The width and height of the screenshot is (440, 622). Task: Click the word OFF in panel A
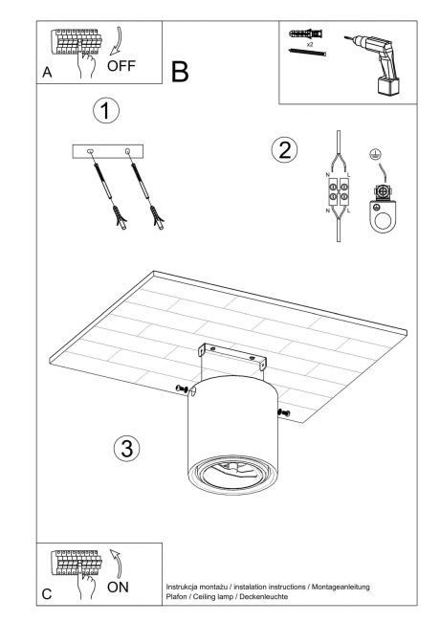click(x=121, y=66)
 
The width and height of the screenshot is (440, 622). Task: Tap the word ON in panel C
click(x=118, y=588)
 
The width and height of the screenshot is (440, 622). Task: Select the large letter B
click(x=180, y=72)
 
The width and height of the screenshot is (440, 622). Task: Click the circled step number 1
click(x=106, y=110)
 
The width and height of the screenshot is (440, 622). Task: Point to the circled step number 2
click(x=284, y=150)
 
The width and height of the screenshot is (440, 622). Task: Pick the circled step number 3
click(x=127, y=448)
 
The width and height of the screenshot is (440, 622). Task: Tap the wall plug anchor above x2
click(x=306, y=33)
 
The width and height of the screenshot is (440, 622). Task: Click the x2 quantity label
click(x=310, y=45)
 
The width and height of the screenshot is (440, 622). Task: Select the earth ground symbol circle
click(x=373, y=155)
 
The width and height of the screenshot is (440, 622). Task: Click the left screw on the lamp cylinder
click(x=181, y=389)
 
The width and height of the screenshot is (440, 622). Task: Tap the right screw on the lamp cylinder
click(x=284, y=413)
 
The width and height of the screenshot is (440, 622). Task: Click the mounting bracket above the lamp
click(x=231, y=354)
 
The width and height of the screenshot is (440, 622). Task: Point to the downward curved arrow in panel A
click(x=118, y=40)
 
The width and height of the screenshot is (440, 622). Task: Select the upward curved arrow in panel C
click(x=117, y=564)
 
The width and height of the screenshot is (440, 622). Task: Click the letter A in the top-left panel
click(x=47, y=72)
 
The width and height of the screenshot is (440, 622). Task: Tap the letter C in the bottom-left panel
click(x=47, y=594)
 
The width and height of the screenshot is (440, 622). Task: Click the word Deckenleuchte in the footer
click(x=264, y=596)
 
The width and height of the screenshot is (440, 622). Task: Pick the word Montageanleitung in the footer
click(x=341, y=587)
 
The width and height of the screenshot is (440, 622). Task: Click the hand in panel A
click(x=86, y=62)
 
